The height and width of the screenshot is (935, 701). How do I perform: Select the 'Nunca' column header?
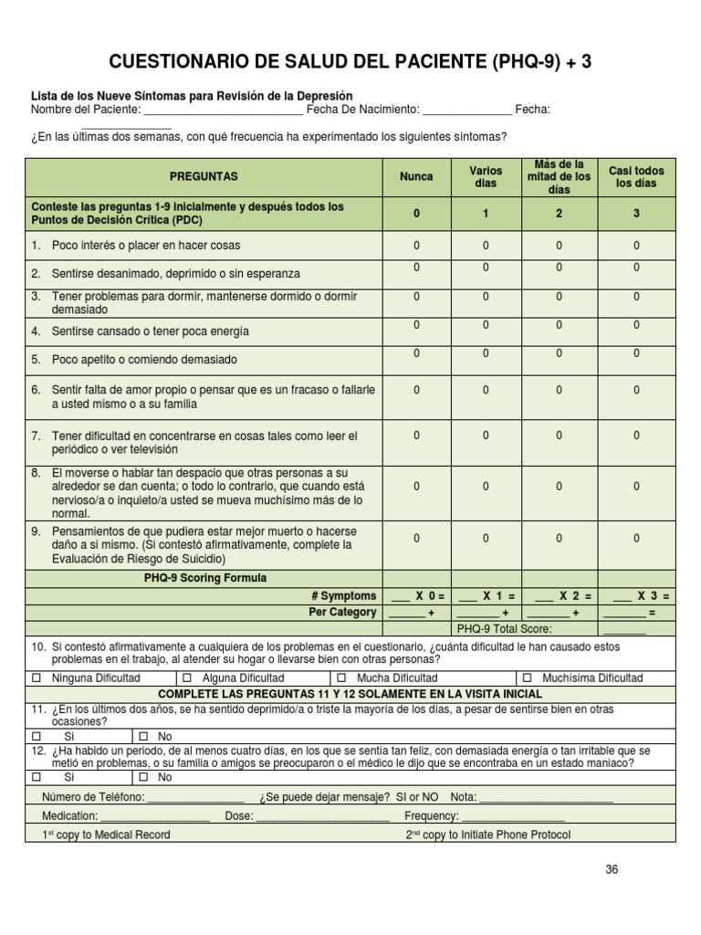[417, 176]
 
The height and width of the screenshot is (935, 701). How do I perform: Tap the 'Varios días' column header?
[486, 177]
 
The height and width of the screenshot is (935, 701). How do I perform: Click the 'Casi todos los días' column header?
[636, 177]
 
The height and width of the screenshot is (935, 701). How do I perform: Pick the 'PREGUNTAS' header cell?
[204, 176]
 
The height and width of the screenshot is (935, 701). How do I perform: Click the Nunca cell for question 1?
[417, 246]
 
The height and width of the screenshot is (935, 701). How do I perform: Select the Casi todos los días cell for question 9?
[636, 539]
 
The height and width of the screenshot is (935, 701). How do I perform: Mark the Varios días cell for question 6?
[486, 390]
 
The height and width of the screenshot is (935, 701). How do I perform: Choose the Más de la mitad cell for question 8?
[560, 487]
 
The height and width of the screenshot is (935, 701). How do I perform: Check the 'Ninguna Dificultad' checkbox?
[37, 678]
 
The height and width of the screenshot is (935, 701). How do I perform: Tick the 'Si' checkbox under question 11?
[37, 736]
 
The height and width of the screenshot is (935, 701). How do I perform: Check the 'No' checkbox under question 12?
[143, 778]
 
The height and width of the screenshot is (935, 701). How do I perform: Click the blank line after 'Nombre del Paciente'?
[224, 111]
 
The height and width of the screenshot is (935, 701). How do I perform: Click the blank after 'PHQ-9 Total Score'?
[624, 630]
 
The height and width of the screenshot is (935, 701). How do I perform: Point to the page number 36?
[612, 870]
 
